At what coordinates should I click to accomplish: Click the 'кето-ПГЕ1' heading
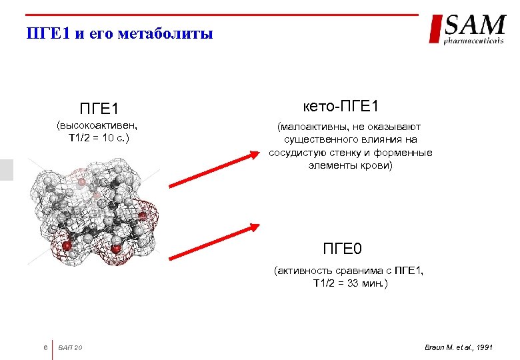tap(350, 107)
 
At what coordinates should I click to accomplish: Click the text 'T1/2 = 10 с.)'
tap(99, 138)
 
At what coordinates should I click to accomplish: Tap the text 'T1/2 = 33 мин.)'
tap(350, 283)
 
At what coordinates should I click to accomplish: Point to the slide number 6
tap(44, 347)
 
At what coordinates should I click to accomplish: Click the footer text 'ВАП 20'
tap(71, 347)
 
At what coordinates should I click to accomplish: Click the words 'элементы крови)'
tap(351, 165)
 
